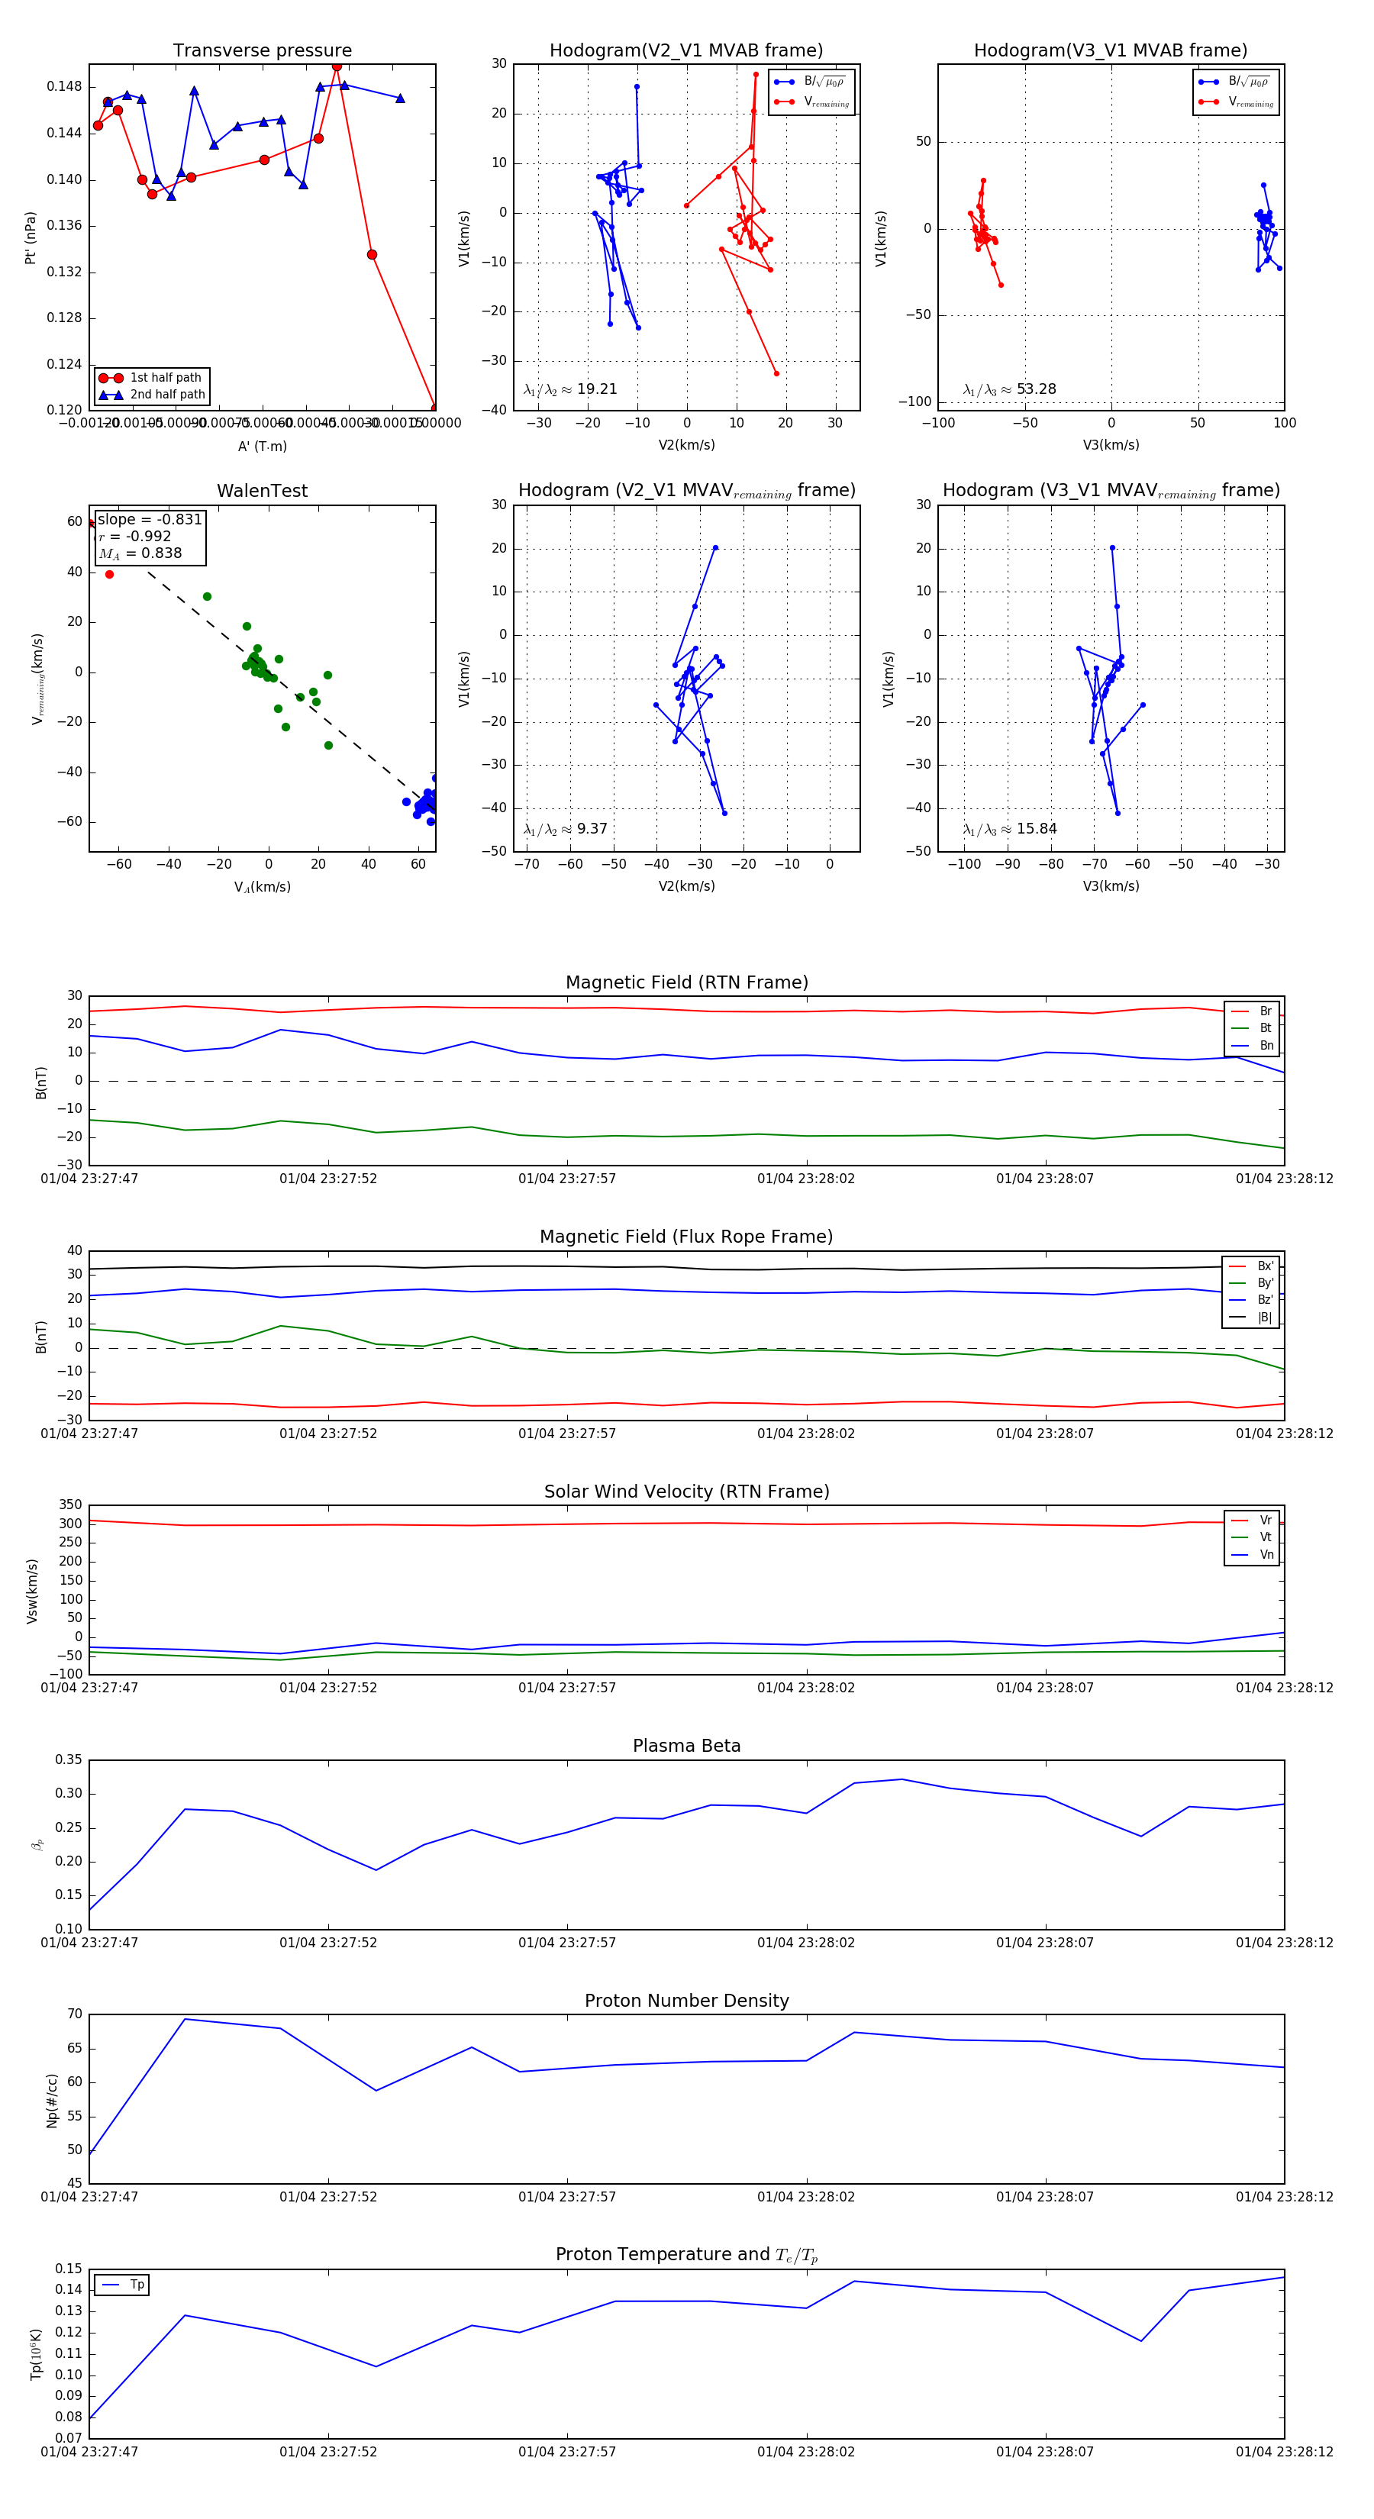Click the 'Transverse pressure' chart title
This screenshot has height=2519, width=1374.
(x=262, y=51)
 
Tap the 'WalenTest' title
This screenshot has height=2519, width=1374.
(x=262, y=491)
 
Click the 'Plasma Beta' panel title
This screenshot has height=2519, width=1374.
(x=686, y=1747)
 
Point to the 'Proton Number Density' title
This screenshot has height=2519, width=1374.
(x=686, y=2001)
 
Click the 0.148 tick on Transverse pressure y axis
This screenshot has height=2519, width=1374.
(x=65, y=87)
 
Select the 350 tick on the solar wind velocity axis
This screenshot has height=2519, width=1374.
(x=70, y=1505)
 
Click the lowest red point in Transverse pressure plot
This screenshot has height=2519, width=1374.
(x=434, y=408)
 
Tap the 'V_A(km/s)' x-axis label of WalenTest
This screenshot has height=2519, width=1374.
(x=262, y=887)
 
